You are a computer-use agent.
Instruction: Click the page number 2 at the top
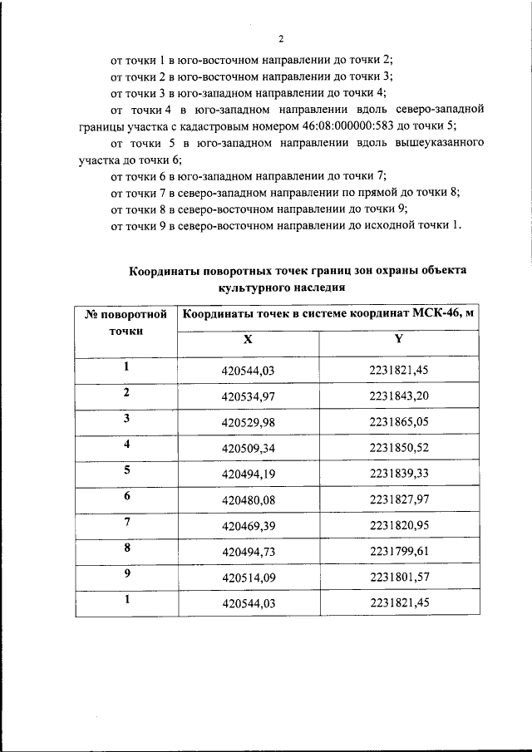281,39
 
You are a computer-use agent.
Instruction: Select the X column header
247,340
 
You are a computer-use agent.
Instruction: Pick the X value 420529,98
248,421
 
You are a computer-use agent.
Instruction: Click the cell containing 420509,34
248,448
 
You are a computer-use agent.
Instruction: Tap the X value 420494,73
248,553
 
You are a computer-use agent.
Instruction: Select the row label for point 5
126,469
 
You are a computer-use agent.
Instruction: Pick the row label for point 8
126,548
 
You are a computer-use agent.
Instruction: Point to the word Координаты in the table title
169,270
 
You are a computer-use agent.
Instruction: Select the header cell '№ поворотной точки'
126,322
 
